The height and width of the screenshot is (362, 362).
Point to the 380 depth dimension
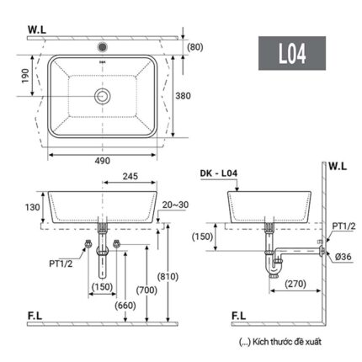194,95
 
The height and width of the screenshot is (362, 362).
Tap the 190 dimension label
24,76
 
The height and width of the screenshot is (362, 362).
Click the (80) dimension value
194,46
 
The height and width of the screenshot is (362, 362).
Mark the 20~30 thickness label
177,205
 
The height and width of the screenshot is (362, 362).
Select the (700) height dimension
149,289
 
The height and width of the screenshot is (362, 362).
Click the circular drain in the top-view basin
103,96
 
